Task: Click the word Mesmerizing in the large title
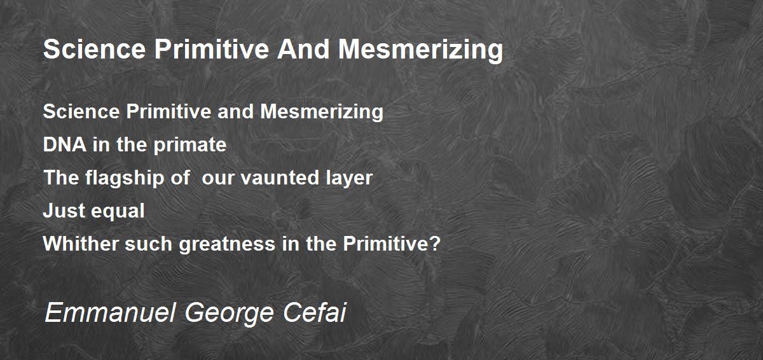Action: pos(420,50)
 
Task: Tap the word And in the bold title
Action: pos(303,49)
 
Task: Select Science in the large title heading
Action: pos(95,49)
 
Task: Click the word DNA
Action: pos(64,144)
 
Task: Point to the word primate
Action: pos(189,146)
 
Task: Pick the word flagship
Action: pos(125,179)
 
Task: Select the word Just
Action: pos(64,211)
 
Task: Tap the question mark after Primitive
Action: pos(436,244)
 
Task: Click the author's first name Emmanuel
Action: pos(110,312)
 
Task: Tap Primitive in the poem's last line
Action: pos(385,244)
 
